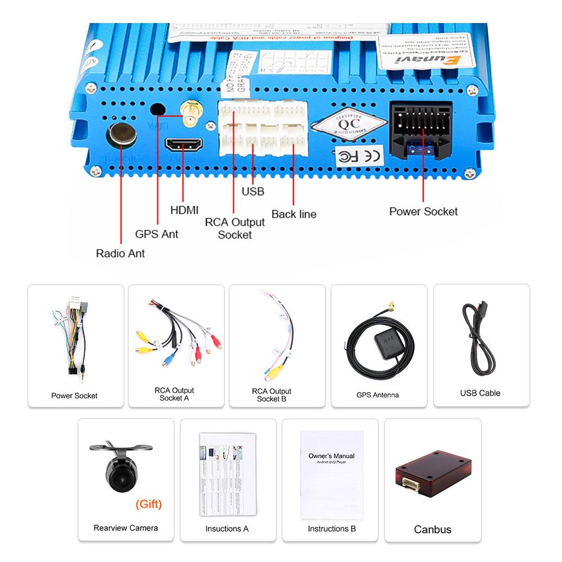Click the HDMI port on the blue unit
coord(184,144)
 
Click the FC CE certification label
coord(360,155)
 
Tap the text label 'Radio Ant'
coord(120,253)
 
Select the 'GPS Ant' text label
coord(156,234)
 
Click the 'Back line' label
coord(293,214)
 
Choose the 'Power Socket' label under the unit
coord(423,211)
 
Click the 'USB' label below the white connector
coord(252,192)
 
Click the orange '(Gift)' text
coord(148,504)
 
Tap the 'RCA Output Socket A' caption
coord(174,394)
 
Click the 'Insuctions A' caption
coord(226,528)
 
